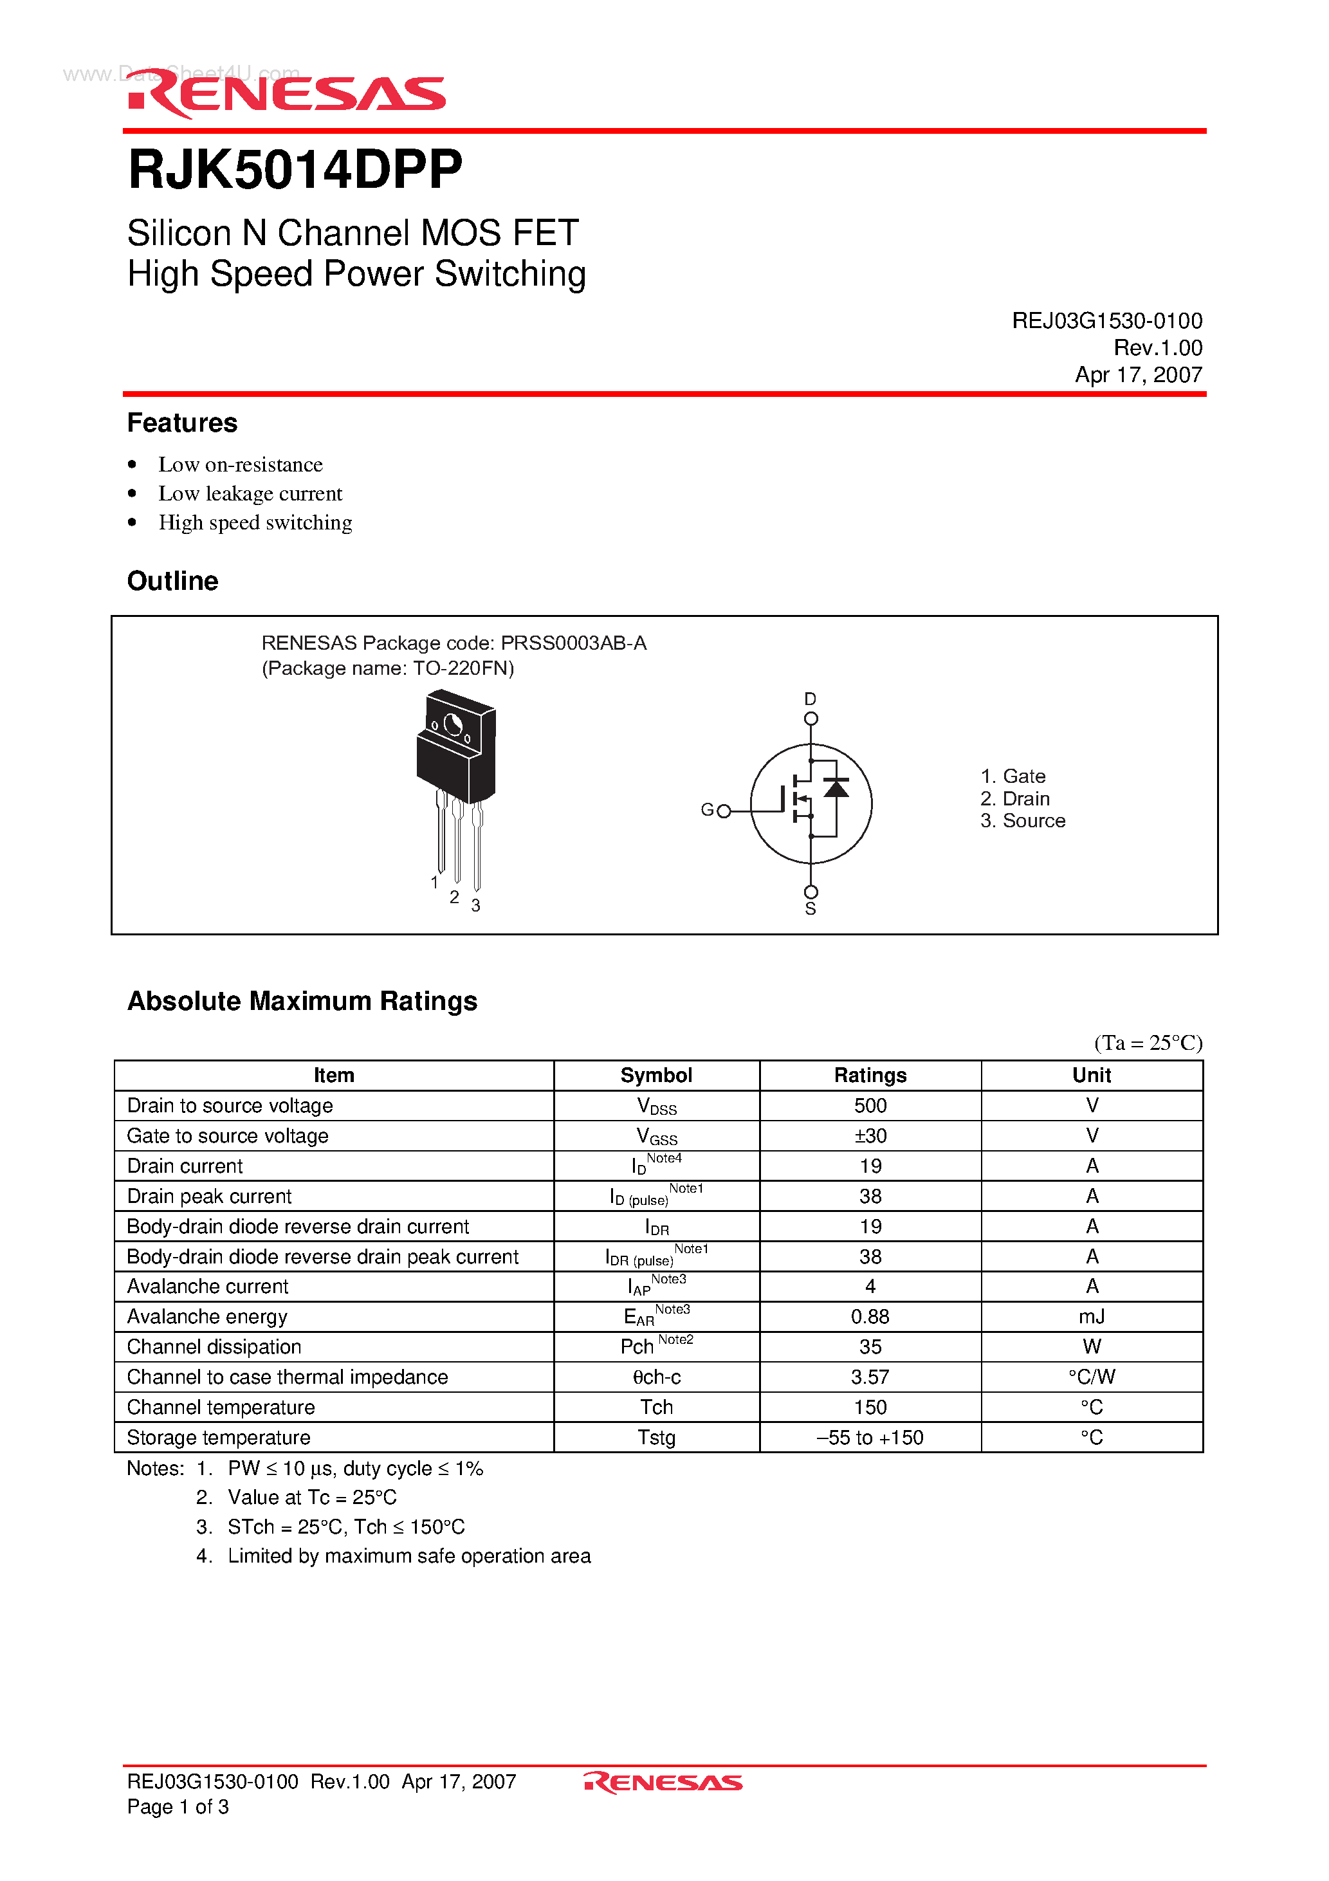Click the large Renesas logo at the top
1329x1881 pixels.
pos(287,93)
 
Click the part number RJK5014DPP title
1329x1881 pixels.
pos(295,170)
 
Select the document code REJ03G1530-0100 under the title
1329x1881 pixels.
pos(1106,320)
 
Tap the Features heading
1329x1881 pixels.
pos(182,423)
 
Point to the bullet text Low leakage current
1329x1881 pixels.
pos(250,493)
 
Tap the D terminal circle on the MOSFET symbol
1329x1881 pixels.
pos(811,719)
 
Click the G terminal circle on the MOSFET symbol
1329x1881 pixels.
pos(724,811)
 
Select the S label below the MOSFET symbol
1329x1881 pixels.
pos(811,910)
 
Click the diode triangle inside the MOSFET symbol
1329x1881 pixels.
pos(836,788)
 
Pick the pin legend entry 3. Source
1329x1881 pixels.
pos(1023,821)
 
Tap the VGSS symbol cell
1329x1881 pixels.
pos(656,1136)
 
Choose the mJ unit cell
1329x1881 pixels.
pos(1092,1317)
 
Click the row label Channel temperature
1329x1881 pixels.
pos(221,1408)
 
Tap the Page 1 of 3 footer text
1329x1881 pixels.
pos(178,1806)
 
